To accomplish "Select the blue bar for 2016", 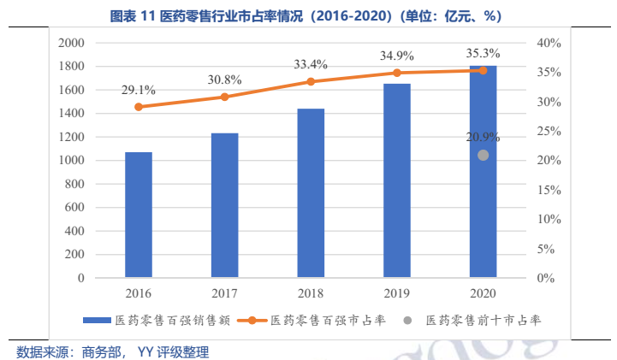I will pos(139,215).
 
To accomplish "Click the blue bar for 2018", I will pos(311,193).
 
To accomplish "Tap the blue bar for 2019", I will pos(397,180).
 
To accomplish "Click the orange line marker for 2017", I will pos(225,97).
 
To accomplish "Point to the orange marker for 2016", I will pos(139,107).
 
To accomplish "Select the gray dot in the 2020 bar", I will pos(484,155).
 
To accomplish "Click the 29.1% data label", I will pos(139,89).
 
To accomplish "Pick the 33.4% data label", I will pos(311,63).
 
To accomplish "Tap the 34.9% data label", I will pos(397,56).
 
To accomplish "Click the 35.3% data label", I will pos(483,53).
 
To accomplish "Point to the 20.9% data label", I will pos(483,137).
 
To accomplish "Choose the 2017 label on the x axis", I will pos(224,293).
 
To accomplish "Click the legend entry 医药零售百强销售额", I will pos(155,320).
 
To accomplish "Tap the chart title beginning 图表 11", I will pos(307,16).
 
